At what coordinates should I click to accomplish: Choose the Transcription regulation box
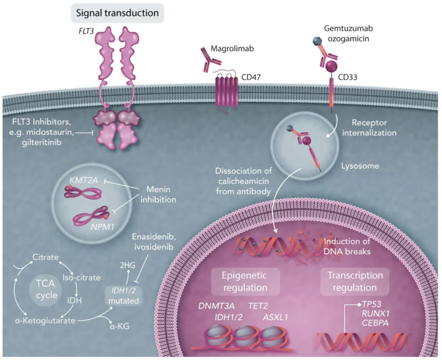coord(348,282)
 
